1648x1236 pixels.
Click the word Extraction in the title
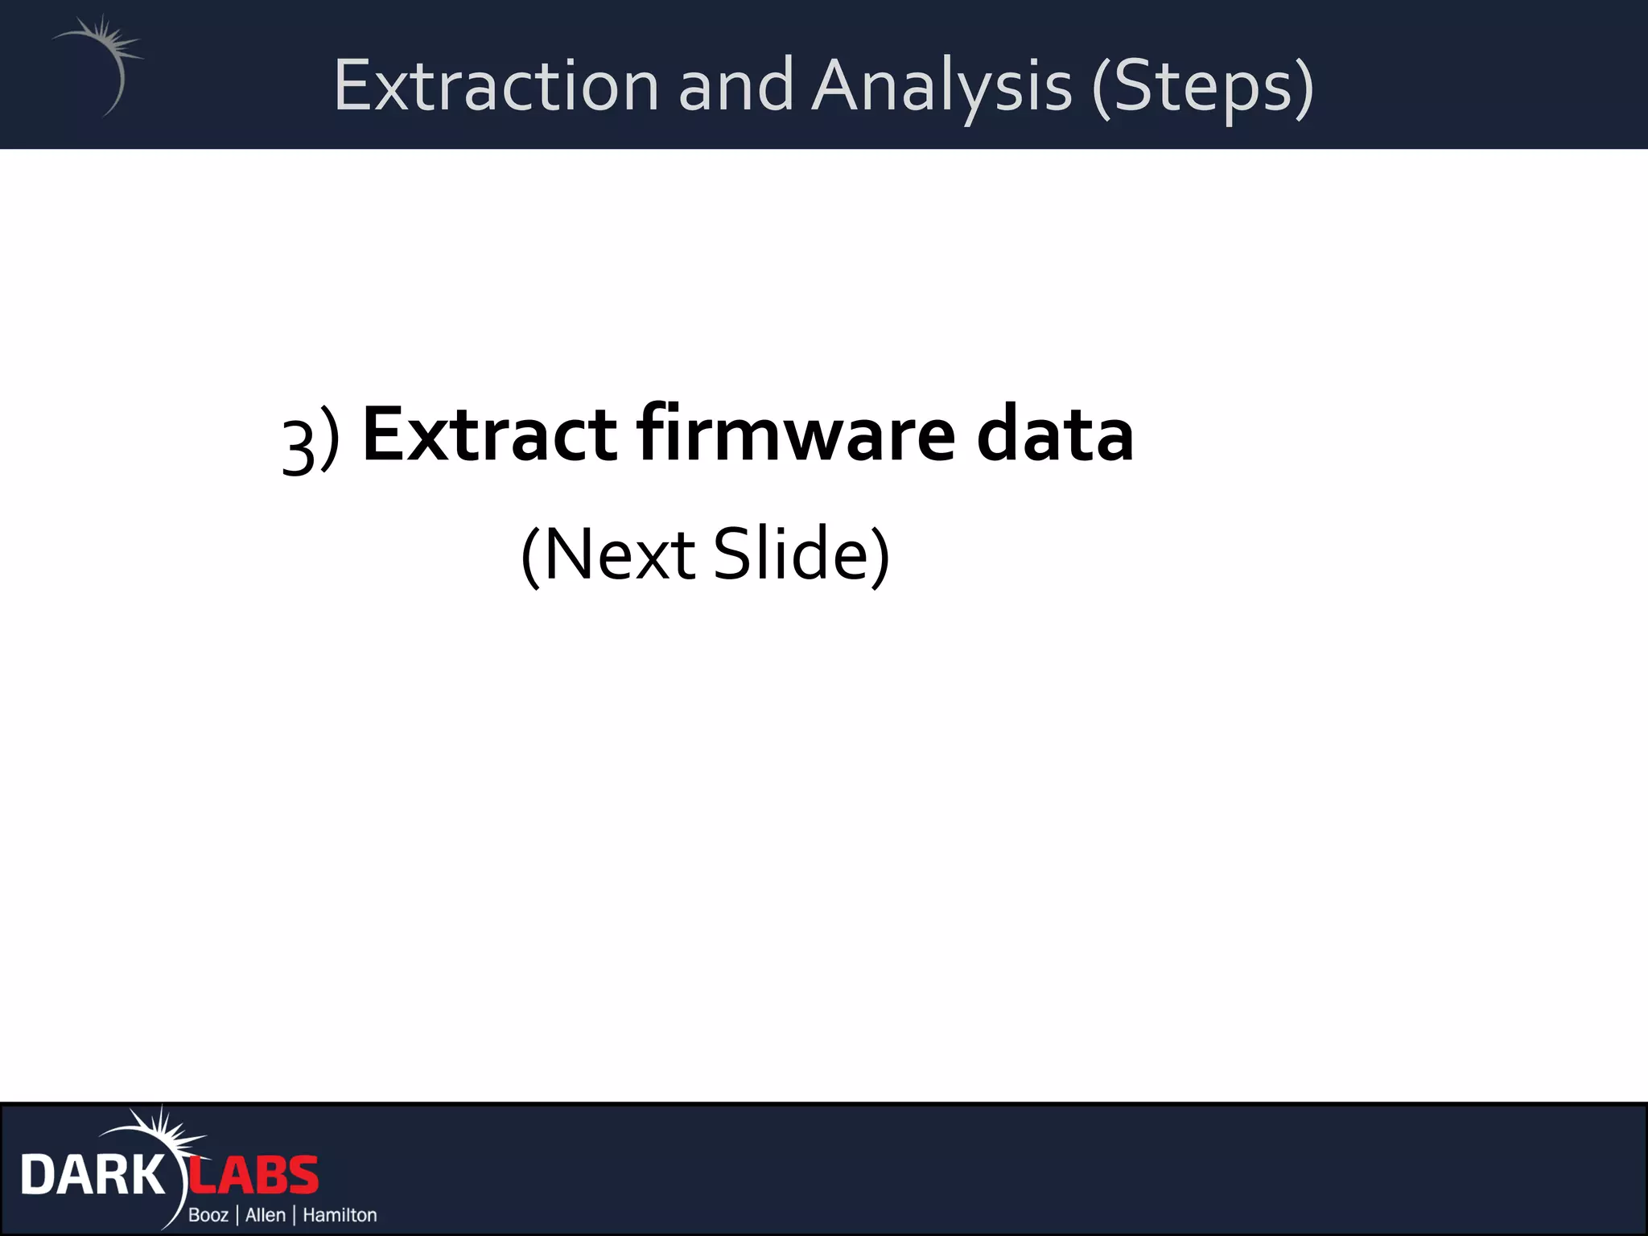[496, 85]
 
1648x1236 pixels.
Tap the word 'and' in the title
[735, 85]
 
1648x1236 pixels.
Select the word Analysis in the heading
[941, 87]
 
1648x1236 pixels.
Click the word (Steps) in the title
[1202, 87]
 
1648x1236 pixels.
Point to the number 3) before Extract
[310, 443]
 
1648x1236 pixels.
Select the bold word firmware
[796, 435]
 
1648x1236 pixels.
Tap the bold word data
[1055, 435]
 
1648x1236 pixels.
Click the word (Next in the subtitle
[608, 554]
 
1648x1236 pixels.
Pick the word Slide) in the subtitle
[802, 554]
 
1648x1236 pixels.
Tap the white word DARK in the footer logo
[92, 1176]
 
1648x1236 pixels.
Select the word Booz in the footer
[208, 1215]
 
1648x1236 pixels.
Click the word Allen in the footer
[266, 1215]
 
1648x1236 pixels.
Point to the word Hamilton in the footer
[340, 1215]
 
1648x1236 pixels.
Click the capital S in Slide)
[733, 554]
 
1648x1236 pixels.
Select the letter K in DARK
[146, 1176]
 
